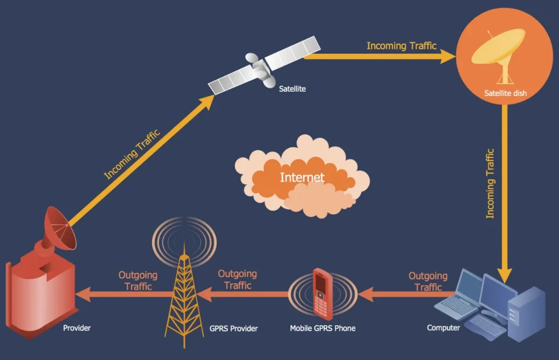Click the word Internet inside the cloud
[302, 177]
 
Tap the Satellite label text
[292, 88]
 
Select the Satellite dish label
[505, 93]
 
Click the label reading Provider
[77, 328]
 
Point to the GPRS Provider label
[234, 328]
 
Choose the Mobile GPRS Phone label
[322, 328]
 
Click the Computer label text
[443, 328]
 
